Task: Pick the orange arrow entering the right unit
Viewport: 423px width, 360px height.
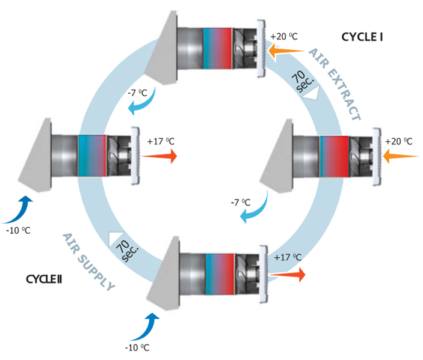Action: point(400,156)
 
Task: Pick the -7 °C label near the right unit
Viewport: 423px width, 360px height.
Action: point(240,203)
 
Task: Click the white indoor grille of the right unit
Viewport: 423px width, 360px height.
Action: point(377,155)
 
